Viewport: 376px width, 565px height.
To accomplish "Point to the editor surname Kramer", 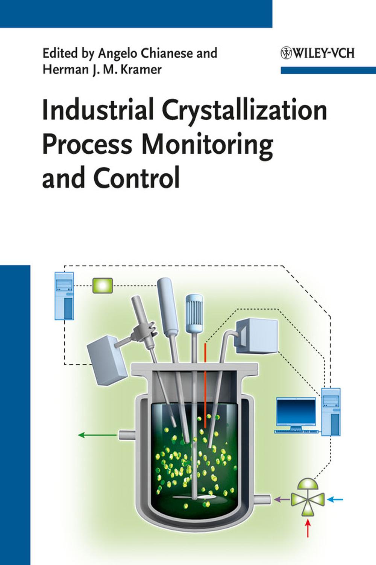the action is (141, 69).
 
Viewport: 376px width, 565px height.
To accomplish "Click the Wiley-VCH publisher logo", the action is (318, 53).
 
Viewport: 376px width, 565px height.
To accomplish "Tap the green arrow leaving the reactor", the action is (97, 435).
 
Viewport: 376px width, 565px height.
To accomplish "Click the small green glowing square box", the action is (103, 286).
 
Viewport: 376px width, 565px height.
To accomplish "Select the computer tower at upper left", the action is (64, 296).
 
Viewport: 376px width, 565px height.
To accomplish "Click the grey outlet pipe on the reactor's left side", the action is (127, 435).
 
